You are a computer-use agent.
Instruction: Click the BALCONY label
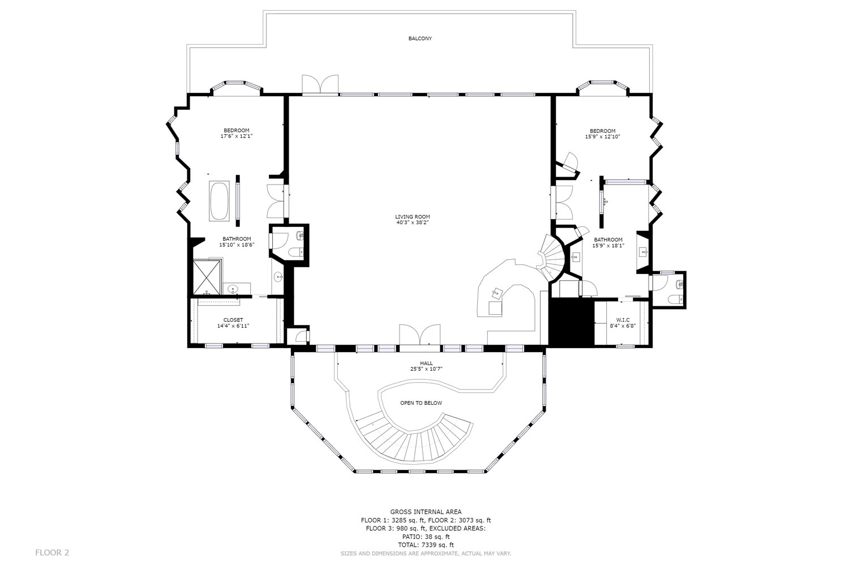pos(420,38)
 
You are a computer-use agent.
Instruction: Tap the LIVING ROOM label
pos(413,217)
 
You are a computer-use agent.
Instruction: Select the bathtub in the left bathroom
pos(220,201)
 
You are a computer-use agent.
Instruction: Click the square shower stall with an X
pos(207,277)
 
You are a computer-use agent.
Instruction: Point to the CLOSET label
pos(233,320)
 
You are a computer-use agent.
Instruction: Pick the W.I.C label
pos(623,320)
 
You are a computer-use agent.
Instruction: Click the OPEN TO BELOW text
pos(421,403)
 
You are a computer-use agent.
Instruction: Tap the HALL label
pos(426,363)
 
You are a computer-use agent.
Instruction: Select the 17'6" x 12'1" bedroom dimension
pos(237,136)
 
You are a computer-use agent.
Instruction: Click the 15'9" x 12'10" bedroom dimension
pos(603,136)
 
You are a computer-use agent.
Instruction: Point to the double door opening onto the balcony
pos(320,84)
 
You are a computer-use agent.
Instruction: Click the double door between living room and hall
pos(420,335)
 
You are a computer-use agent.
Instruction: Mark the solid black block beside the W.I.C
pos(571,322)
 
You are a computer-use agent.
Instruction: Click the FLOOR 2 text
pos(52,552)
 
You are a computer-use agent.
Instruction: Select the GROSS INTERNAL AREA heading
pos(426,512)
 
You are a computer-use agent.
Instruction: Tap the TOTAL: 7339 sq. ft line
pos(426,544)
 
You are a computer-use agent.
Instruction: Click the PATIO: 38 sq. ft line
pos(426,537)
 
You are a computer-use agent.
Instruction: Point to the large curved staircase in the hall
pos(413,440)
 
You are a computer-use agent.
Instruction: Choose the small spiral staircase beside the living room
pos(551,258)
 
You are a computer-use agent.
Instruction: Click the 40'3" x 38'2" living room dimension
pos(413,222)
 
